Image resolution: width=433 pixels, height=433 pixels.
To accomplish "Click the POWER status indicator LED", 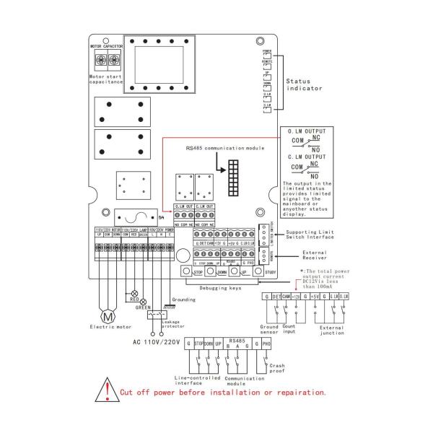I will coord(268,55).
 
